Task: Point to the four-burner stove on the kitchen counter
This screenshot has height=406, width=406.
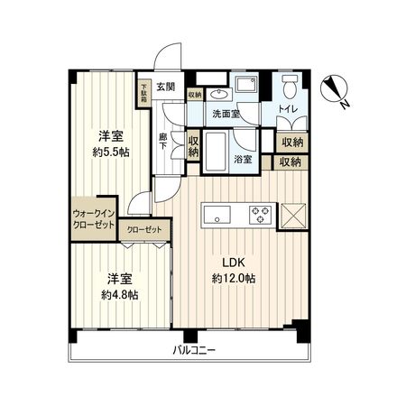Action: tap(261, 214)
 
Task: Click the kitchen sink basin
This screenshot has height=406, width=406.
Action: tap(217, 214)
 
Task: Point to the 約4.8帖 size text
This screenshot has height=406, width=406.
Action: tap(120, 295)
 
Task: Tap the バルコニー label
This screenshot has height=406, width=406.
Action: tap(197, 350)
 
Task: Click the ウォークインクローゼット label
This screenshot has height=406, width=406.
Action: tap(94, 218)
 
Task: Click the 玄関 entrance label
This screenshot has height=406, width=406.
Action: tap(165, 88)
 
